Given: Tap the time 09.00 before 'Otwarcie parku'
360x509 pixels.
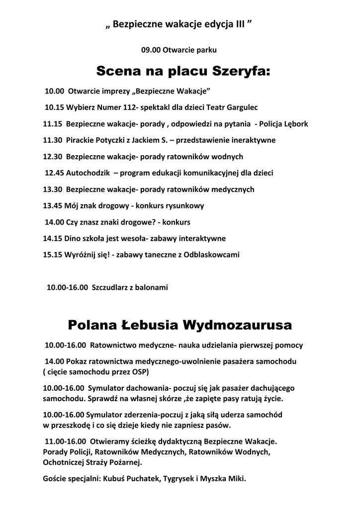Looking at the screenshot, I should tap(150, 50).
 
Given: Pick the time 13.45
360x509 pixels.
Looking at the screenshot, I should tap(53, 205).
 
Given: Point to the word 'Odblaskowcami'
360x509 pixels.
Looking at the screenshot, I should tap(211, 254).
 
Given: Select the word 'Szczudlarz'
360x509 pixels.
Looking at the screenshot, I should tap(110, 287).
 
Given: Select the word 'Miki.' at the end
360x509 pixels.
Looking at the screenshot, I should tap(237, 480).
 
